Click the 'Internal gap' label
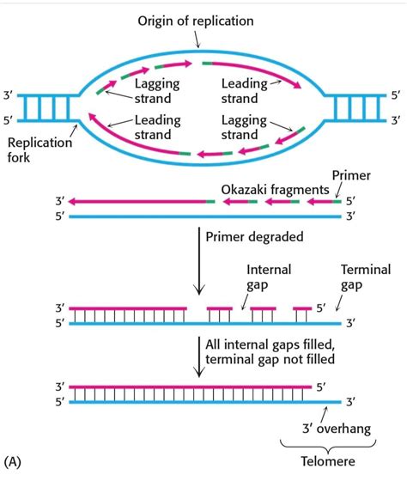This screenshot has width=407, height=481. (x=269, y=277)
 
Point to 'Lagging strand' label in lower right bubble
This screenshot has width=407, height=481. (x=245, y=127)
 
